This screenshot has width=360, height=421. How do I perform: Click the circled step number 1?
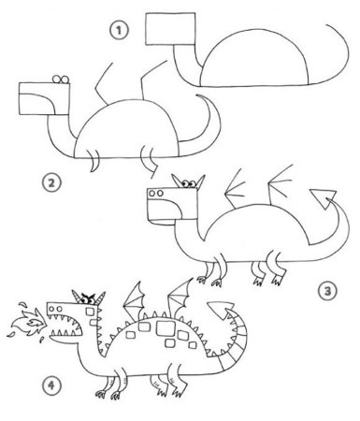tap(119, 30)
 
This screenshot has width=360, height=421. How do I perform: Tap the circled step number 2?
tap(51, 182)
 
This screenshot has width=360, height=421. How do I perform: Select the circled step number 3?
tap(327, 291)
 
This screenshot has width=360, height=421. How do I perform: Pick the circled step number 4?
tap(51, 385)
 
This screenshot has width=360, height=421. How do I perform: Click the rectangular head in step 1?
tap(170, 29)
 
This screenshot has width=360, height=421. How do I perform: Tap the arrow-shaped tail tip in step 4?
tap(221, 310)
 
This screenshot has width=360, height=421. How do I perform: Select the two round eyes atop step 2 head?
tap(61, 80)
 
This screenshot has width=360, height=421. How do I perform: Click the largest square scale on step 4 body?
tap(166, 327)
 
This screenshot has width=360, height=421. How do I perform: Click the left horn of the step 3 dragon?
tap(177, 181)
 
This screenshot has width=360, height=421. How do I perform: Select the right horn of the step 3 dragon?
tap(200, 181)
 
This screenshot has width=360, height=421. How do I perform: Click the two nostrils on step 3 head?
tap(155, 194)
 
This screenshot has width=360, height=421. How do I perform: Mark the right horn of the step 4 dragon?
tap(101, 298)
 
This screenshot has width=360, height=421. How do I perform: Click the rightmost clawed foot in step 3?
tap(278, 278)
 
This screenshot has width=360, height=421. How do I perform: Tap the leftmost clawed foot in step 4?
tap(101, 394)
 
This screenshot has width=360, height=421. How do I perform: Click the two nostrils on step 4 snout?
tap(55, 309)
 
